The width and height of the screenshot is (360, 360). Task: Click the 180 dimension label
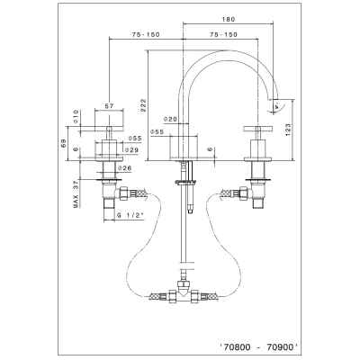[x=229, y=20]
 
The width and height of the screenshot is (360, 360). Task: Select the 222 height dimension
[x=143, y=105]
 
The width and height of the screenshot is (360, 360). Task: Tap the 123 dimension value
[x=288, y=130]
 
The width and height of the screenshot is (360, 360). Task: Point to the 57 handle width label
[x=109, y=105]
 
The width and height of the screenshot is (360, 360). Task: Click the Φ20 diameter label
[x=171, y=119]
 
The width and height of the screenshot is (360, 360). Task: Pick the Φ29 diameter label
[x=132, y=150]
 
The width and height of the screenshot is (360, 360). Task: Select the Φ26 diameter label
[x=124, y=168]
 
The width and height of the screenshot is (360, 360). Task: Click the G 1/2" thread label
[x=130, y=215]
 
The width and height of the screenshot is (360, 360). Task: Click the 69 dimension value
[x=63, y=143]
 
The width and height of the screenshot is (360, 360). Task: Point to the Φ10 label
[x=76, y=117]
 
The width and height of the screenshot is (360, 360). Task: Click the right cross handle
[x=257, y=129]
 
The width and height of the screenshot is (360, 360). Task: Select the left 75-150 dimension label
[x=146, y=35]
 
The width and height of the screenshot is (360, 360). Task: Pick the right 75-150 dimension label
[x=223, y=35]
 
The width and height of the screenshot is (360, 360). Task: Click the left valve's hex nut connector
[x=123, y=193]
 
